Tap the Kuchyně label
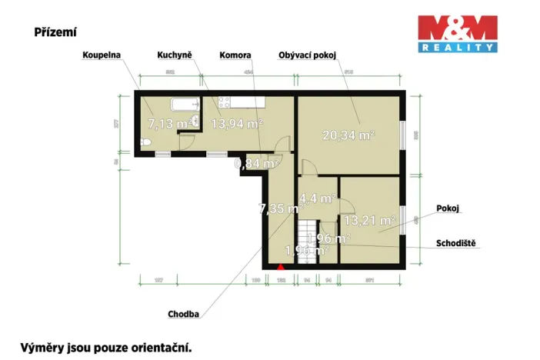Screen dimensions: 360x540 click(176, 55)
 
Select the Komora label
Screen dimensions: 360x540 click(235, 55)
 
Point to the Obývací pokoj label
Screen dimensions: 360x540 click(308, 55)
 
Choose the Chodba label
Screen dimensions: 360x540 click(184, 314)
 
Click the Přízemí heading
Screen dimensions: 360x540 click(55, 32)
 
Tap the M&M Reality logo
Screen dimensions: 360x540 click(456, 34)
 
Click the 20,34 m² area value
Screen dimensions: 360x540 click(348, 135)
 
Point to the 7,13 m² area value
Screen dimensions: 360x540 click(169, 123)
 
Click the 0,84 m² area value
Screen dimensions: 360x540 click(256, 163)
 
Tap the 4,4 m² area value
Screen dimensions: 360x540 click(317, 198)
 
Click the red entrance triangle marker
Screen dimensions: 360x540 click(282, 266)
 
